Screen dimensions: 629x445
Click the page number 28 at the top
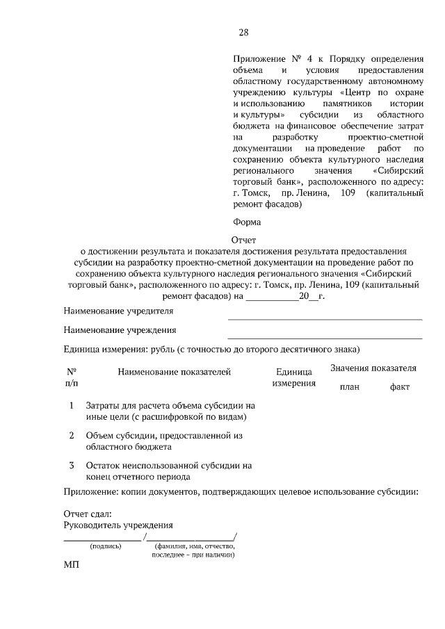coord(243,32)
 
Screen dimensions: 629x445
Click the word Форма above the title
coord(247,222)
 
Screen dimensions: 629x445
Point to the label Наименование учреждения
coord(120,329)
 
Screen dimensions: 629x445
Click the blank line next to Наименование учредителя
coord(325,318)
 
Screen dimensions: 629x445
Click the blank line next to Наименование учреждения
coord(325,337)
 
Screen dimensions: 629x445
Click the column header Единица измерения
coord(293,377)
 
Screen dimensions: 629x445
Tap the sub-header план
coord(349,386)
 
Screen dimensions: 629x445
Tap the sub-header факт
coord(400,386)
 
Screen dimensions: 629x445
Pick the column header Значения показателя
coord(373,368)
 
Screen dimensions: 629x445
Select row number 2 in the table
coord(72,435)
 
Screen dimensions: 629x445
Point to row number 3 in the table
coord(72,464)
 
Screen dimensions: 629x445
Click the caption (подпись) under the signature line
coord(106,546)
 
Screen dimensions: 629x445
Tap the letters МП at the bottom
coord(72,566)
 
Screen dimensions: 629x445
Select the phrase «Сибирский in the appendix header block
coord(398,170)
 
